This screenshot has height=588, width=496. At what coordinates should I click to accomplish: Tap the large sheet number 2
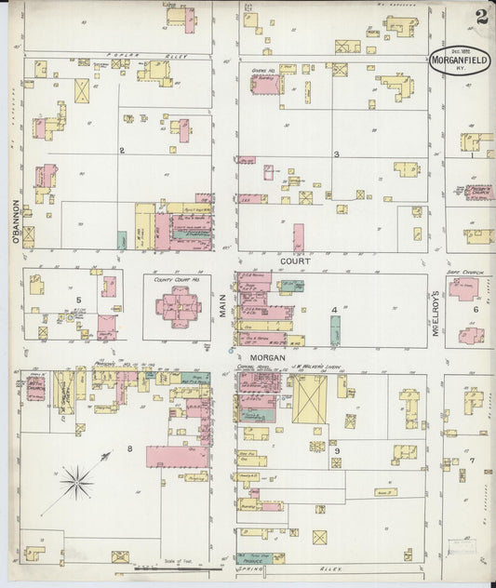tap(480, 17)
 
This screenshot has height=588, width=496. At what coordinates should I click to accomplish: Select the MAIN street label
tap(223, 305)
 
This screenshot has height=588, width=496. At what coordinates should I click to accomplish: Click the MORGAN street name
tap(267, 356)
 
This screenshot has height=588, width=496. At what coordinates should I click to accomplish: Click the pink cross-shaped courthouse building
tap(178, 304)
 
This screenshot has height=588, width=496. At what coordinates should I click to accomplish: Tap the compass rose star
tap(76, 481)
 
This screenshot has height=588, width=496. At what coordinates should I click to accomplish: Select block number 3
tap(336, 154)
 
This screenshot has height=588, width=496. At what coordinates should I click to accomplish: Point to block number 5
tap(79, 300)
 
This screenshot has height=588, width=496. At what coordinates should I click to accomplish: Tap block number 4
tap(332, 309)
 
